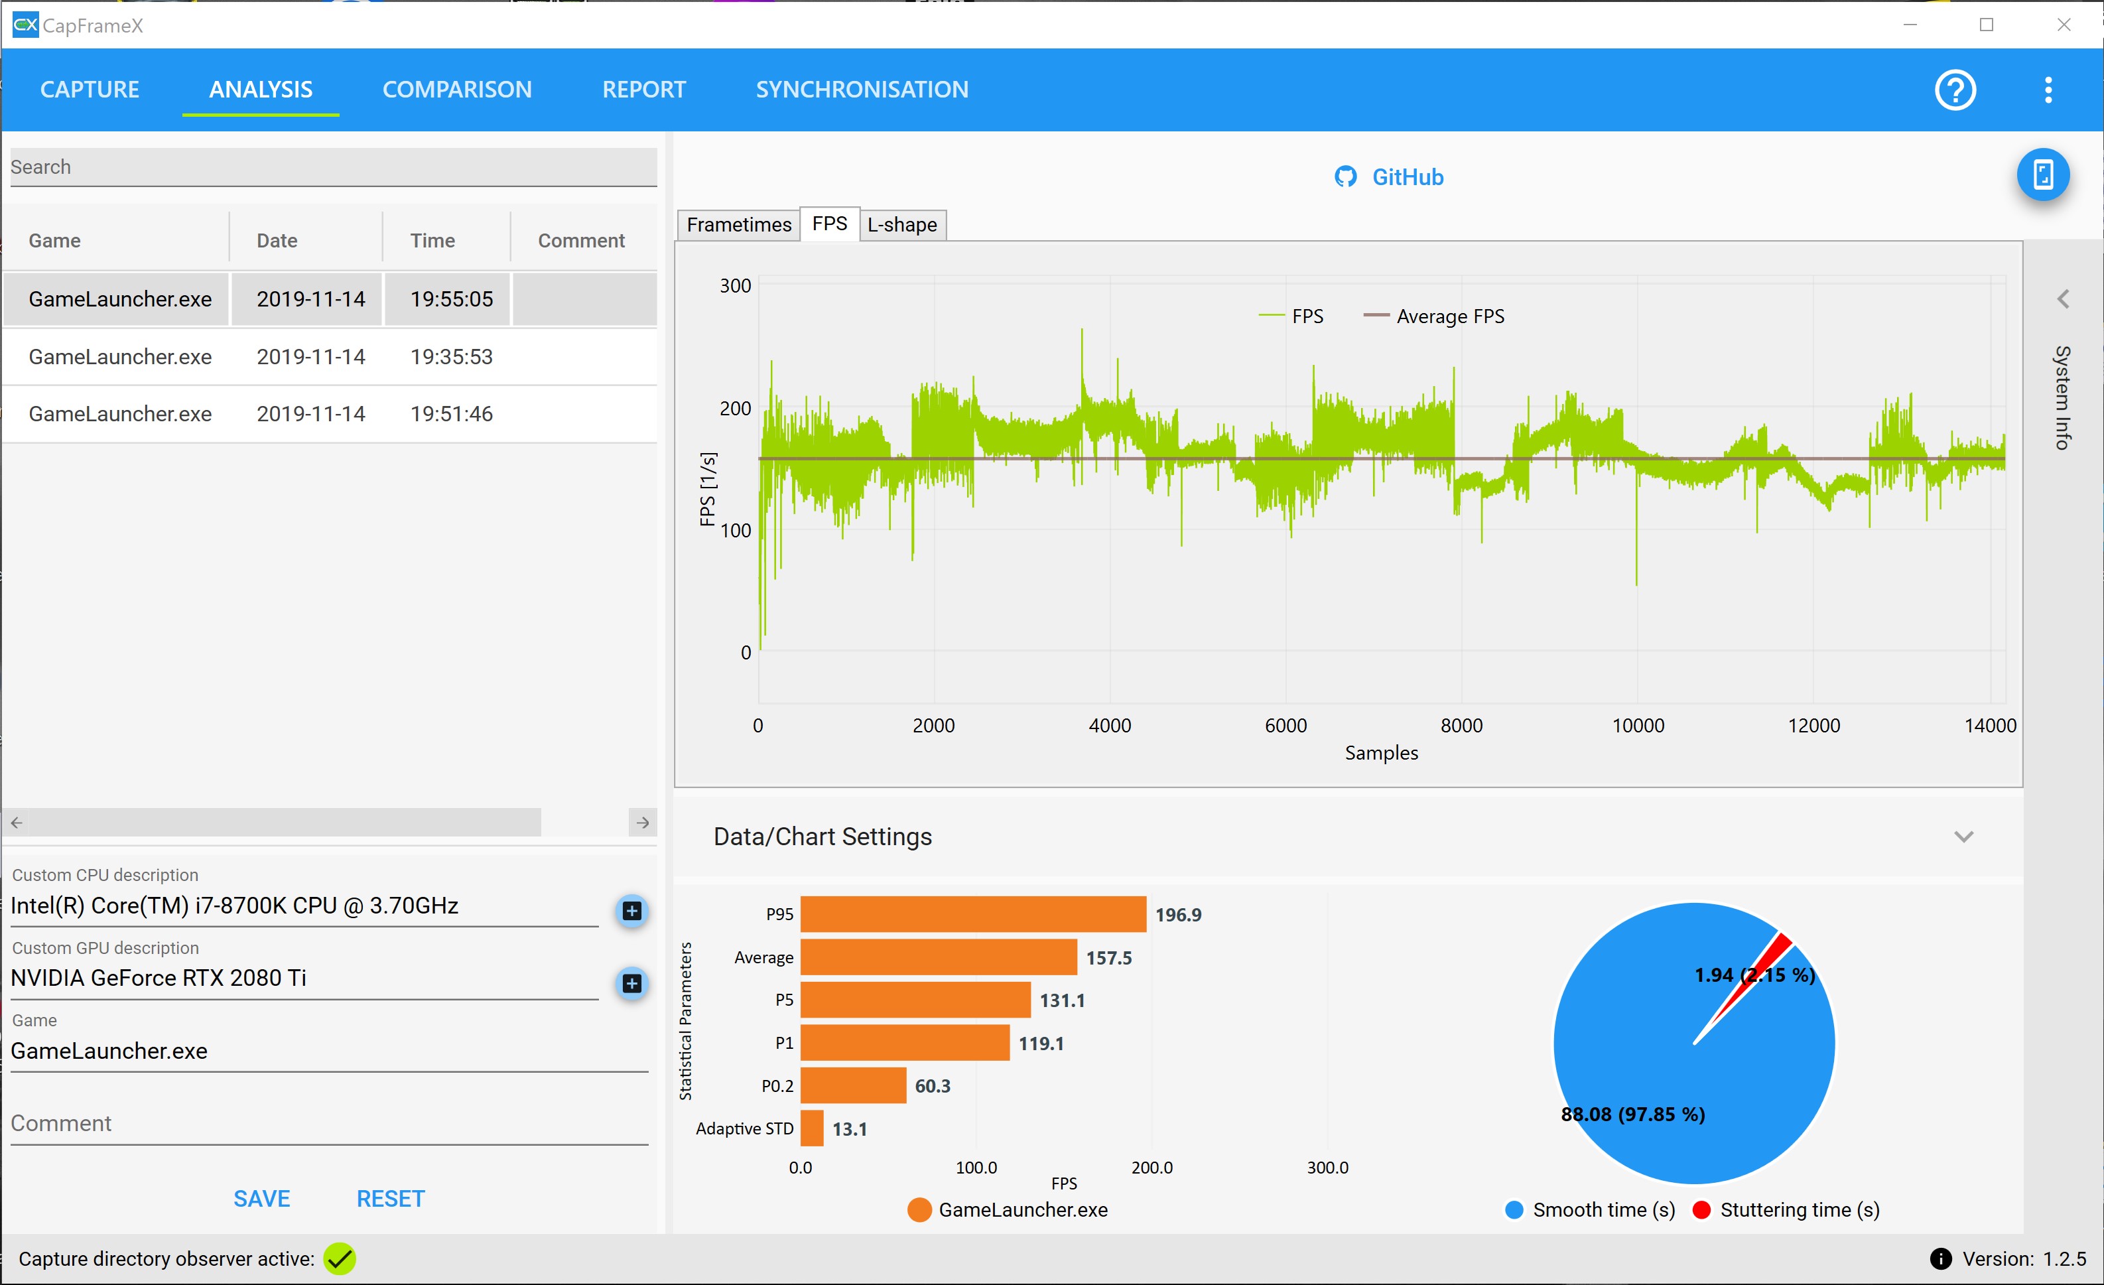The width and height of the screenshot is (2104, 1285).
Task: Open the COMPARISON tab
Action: (x=457, y=90)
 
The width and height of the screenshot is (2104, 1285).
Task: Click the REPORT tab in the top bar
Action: (x=644, y=90)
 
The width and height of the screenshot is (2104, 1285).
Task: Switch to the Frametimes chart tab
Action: (x=739, y=224)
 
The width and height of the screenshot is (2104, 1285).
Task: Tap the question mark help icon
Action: (x=1955, y=90)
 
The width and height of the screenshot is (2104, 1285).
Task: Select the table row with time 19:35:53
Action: (x=330, y=357)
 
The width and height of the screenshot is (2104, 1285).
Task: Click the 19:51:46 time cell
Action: (x=451, y=414)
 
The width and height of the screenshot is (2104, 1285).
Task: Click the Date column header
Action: (x=277, y=241)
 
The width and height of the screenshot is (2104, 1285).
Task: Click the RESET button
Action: (x=390, y=1199)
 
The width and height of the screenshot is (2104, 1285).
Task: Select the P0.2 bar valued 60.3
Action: (x=853, y=1086)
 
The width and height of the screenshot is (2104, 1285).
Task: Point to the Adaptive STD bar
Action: (x=812, y=1128)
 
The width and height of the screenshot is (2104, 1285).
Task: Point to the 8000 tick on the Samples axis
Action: (x=1461, y=726)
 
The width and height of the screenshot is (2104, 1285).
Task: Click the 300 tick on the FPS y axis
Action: (x=735, y=286)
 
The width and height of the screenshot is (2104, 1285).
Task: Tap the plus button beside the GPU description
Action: (x=632, y=984)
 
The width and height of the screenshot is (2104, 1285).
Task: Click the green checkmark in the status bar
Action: (x=339, y=1258)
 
